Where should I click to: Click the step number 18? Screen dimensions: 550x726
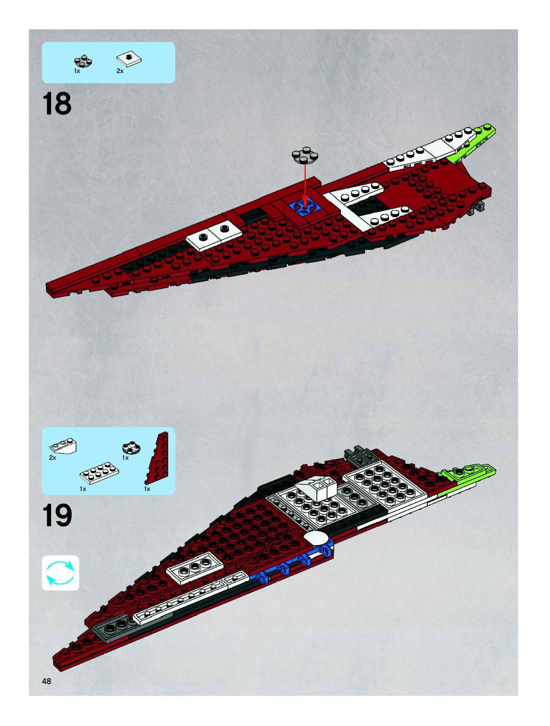(x=56, y=104)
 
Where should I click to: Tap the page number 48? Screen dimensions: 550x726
(x=47, y=681)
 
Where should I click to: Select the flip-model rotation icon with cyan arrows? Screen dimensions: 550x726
(x=60, y=573)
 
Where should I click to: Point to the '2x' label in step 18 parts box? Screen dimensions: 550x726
(x=120, y=71)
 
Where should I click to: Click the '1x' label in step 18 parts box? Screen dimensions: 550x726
(x=77, y=71)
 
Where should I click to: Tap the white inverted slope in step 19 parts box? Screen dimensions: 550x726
(x=63, y=446)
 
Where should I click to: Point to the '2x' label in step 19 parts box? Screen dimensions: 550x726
(x=53, y=458)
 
